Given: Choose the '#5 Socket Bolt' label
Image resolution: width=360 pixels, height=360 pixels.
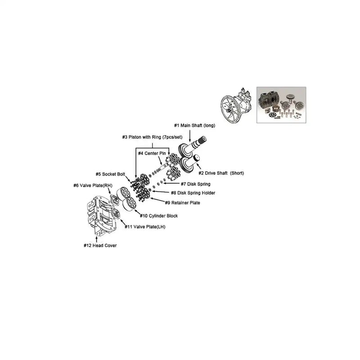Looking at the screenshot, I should point(110,174).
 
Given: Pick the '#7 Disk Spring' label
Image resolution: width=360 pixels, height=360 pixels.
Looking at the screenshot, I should point(195,184).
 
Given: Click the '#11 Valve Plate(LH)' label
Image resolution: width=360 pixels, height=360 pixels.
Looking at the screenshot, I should point(145,227).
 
